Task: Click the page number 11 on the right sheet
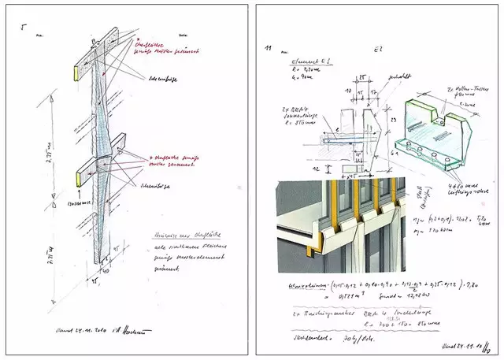[x=269, y=50]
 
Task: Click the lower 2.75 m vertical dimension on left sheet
[x=52, y=232]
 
